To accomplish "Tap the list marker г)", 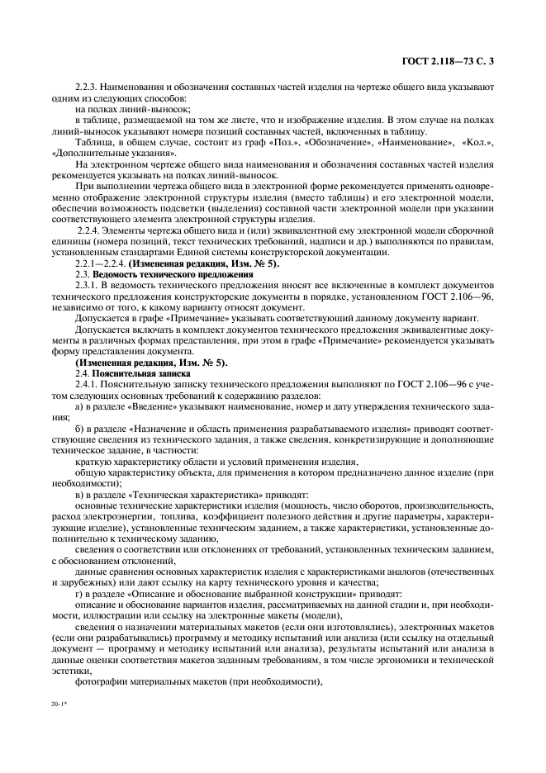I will click(79, 593).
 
